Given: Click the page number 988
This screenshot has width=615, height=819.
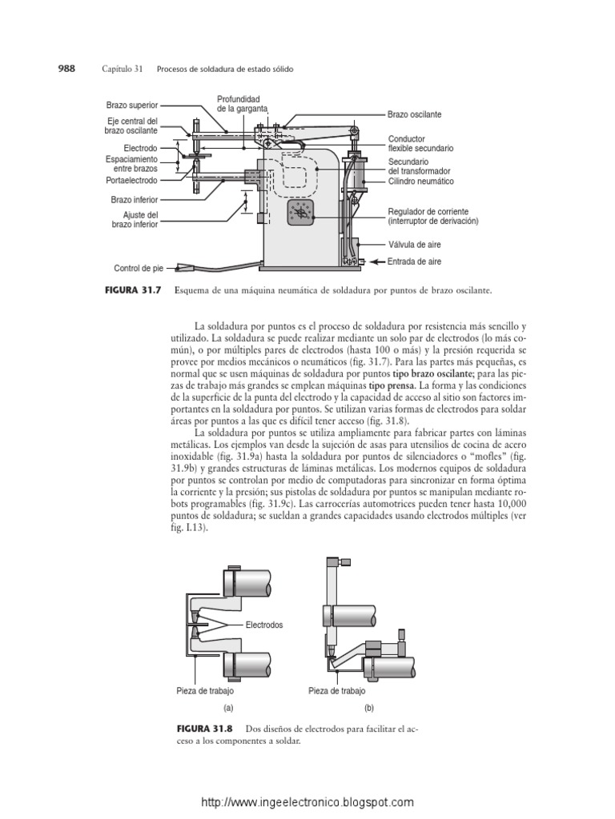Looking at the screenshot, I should pyautogui.click(x=64, y=70).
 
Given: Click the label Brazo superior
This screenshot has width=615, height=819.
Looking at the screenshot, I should pyautogui.click(x=132, y=105).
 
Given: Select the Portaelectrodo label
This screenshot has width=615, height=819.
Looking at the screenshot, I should pyautogui.click(x=133, y=181).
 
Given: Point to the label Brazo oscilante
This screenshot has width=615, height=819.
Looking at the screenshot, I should pyautogui.click(x=415, y=115).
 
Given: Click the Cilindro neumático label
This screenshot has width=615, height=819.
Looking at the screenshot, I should pyautogui.click(x=420, y=182).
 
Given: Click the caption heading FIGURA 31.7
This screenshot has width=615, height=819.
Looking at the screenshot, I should pyautogui.click(x=138, y=292).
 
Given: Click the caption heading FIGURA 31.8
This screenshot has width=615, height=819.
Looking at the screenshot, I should pyautogui.click(x=207, y=730).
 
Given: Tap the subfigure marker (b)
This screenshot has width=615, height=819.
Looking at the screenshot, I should pyautogui.click(x=368, y=708).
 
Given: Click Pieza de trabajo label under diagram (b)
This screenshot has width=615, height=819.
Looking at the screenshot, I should pyautogui.click(x=336, y=690).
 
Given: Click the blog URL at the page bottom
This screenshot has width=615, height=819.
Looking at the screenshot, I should pyautogui.click(x=307, y=801).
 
